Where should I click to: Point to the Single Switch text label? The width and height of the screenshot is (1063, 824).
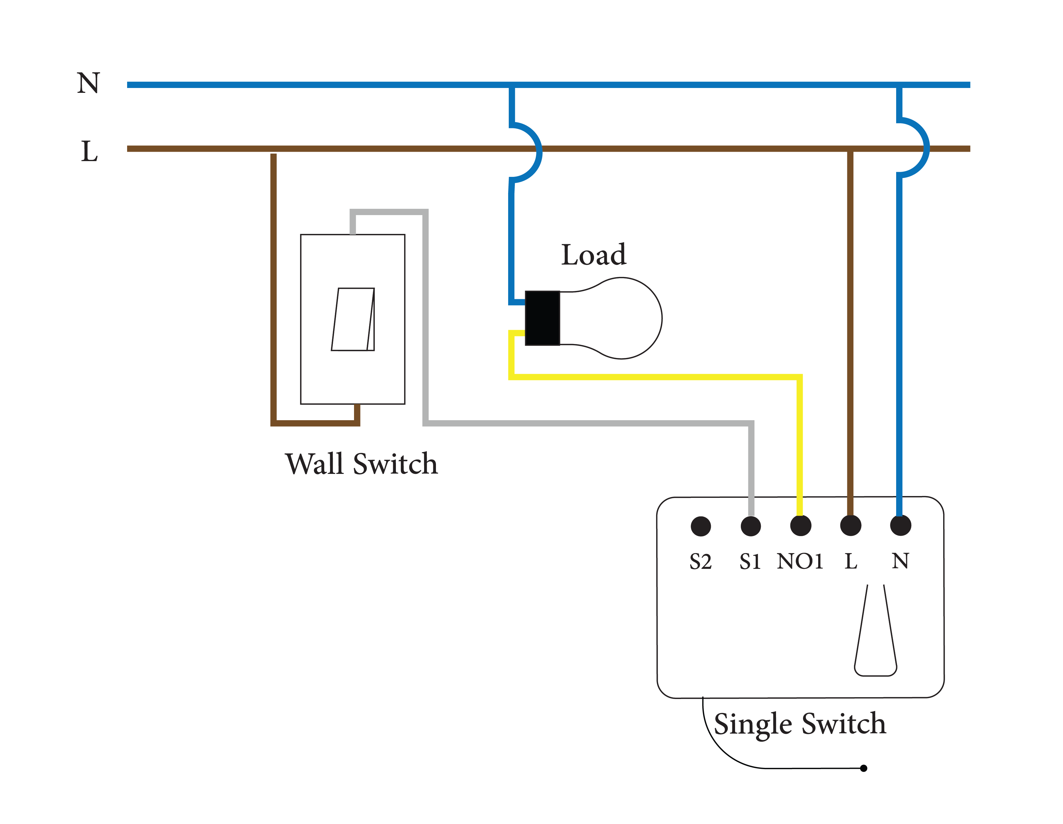point(800,724)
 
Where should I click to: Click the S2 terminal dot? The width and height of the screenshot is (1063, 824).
point(700,526)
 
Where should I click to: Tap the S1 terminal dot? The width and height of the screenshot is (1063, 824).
point(751,526)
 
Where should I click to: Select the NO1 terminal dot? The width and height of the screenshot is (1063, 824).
point(801,526)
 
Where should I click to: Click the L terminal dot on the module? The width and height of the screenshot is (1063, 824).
point(850,526)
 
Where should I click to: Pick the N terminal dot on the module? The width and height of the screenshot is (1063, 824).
point(900,526)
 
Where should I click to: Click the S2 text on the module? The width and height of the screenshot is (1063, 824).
point(700,562)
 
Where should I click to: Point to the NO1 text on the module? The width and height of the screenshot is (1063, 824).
point(800,561)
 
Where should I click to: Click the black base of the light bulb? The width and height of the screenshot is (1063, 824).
point(542,318)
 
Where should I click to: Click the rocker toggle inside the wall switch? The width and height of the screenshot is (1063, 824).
point(353,319)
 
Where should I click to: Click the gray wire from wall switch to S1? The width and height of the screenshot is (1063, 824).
point(584,423)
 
